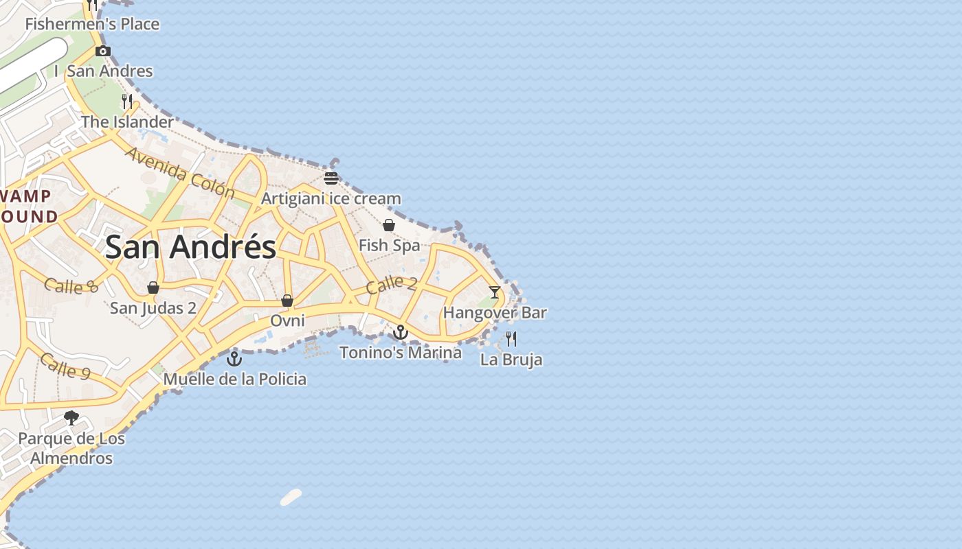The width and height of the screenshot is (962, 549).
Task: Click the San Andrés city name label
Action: (190, 246)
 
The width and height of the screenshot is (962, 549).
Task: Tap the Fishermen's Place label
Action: (92, 24)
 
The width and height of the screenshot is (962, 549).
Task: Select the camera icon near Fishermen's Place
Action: (103, 51)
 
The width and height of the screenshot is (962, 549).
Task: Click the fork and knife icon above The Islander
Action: (126, 102)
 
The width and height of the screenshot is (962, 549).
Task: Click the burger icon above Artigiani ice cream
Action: (331, 178)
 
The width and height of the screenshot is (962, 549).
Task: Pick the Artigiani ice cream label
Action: (331, 199)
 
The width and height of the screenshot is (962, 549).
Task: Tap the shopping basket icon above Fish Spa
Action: (389, 225)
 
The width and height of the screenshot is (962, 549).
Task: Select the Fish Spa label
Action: (389, 245)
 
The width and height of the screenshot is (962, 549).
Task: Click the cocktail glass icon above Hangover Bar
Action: (495, 292)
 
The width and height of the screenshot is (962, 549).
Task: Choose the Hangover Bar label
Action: (495, 313)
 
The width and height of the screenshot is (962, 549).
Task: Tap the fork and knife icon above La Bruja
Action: (511, 339)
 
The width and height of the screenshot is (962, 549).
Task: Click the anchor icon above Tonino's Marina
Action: (400, 333)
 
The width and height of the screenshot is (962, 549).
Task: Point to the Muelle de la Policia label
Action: (235, 379)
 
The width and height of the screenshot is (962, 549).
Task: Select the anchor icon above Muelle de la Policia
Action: (235, 358)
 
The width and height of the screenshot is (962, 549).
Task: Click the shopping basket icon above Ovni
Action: (287, 301)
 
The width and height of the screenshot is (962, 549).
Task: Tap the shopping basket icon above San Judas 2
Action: (153, 288)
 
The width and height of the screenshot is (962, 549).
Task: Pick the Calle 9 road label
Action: (65, 366)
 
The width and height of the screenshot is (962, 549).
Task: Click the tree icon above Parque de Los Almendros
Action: (71, 417)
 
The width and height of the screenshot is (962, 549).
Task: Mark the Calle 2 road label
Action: (392, 283)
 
